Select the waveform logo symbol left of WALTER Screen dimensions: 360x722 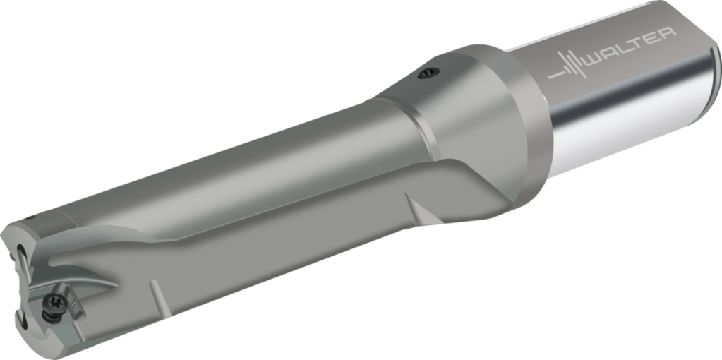(x=570, y=70)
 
